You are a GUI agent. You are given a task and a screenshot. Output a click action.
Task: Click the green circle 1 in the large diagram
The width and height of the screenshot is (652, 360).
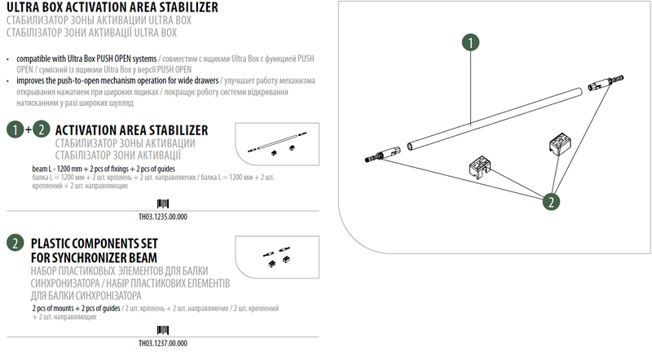pyautogui.click(x=470, y=42)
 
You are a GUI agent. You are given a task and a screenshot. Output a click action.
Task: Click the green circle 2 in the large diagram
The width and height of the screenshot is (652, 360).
pyautogui.click(x=551, y=202)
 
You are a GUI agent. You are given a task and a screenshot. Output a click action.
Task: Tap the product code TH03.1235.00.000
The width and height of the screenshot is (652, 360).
pyautogui.click(x=163, y=217)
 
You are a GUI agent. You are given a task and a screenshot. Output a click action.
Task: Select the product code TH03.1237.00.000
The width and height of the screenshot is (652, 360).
pyautogui.click(x=163, y=344)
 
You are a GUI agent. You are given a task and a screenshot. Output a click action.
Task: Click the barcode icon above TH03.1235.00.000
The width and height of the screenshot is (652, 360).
pyautogui.click(x=163, y=204)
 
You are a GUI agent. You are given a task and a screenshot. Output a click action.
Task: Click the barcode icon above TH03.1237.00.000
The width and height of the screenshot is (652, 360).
pyautogui.click(x=163, y=331)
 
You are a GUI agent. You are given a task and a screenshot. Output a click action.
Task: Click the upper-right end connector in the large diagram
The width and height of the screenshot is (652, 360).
pyautogui.click(x=606, y=82)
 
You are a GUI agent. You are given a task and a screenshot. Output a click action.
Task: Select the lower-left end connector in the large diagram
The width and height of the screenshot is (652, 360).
pyautogui.click(x=382, y=154)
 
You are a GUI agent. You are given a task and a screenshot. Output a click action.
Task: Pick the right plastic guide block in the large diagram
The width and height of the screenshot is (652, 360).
pyautogui.click(x=560, y=144)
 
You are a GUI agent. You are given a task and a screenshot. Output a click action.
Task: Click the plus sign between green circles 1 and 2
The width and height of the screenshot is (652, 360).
pyautogui.click(x=29, y=130)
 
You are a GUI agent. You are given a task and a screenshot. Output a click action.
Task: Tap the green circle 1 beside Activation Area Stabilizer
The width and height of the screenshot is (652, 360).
pyautogui.click(x=15, y=130)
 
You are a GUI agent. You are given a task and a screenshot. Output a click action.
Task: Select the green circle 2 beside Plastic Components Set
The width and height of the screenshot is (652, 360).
pyautogui.click(x=15, y=243)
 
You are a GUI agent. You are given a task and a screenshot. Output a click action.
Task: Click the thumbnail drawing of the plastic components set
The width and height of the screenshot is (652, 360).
pyautogui.click(x=277, y=257)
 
